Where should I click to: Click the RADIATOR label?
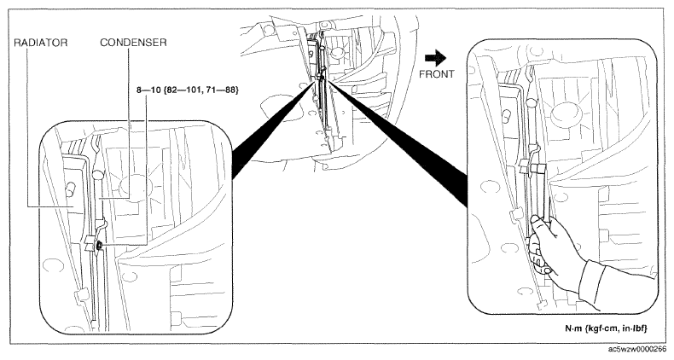tap(41, 43)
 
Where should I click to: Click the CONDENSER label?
tap(133, 43)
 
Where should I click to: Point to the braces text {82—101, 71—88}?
tap(200, 90)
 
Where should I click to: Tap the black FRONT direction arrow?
tap(435, 57)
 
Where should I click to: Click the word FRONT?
tap(436, 74)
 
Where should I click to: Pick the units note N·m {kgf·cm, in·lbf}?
tap(606, 328)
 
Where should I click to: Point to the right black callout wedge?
tap(398, 142)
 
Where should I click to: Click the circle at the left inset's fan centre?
tap(136, 189)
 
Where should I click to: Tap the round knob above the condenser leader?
tap(97, 174)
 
